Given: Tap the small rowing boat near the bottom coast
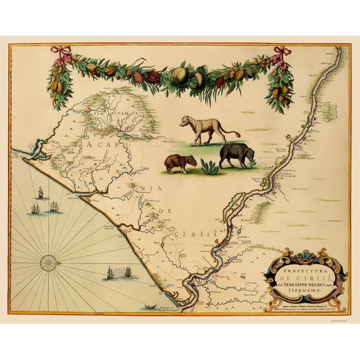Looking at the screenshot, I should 149,307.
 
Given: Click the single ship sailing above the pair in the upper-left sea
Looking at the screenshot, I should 39,192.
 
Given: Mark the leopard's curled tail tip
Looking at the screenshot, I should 238,134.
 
